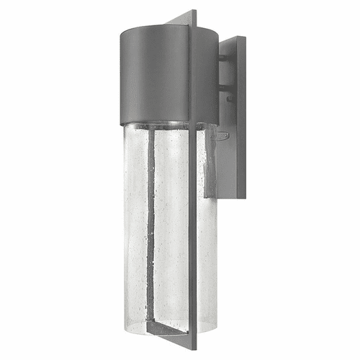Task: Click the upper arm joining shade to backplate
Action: [225, 58]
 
